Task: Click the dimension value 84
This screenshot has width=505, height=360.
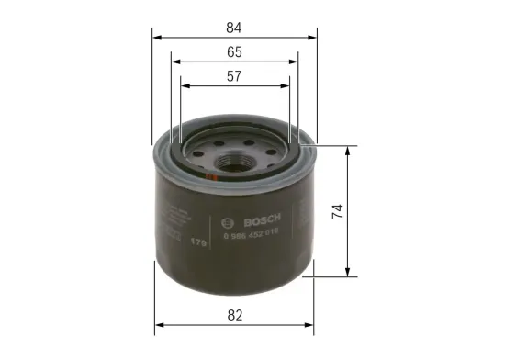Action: pyautogui.click(x=235, y=27)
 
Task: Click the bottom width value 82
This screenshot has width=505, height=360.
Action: pyautogui.click(x=235, y=315)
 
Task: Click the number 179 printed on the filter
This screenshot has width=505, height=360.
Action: pyautogui.click(x=196, y=242)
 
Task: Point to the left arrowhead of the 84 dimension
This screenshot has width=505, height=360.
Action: pyautogui.click(x=156, y=39)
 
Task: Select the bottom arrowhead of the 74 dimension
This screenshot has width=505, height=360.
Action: pyautogui.click(x=348, y=273)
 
